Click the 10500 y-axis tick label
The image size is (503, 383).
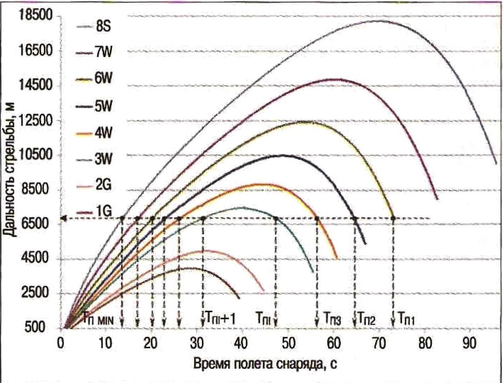[37, 155]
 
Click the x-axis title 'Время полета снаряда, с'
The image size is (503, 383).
[264, 362]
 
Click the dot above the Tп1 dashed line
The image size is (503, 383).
[393, 218]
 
